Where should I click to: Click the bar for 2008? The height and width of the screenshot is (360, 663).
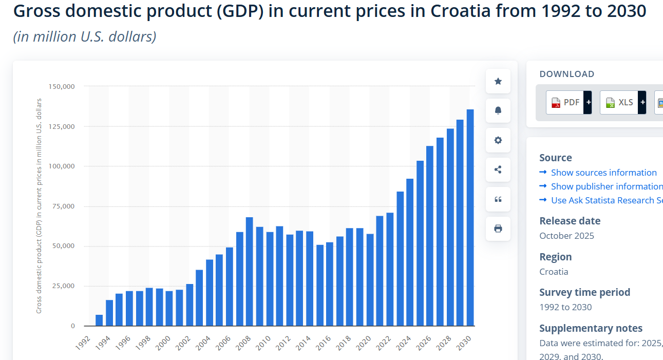pyautogui.click(x=249, y=272)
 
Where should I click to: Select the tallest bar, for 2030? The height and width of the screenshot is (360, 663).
pyautogui.click(x=470, y=218)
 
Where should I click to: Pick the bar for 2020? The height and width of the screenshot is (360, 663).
pyautogui.click(x=370, y=280)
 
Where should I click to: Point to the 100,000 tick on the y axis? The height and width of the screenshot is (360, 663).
pyautogui.click(x=62, y=166)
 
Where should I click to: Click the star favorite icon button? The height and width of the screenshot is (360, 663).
pyautogui.click(x=498, y=81)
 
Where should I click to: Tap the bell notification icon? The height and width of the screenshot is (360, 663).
pyautogui.click(x=498, y=110)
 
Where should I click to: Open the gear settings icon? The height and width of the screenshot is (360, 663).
pyautogui.click(x=498, y=140)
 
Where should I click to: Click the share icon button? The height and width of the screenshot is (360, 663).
pyautogui.click(x=498, y=169)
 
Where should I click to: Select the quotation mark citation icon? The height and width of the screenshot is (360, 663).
pyautogui.click(x=498, y=199)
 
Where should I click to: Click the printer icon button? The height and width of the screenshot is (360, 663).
pyautogui.click(x=498, y=229)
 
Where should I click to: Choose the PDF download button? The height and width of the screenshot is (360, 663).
pyautogui.click(x=565, y=102)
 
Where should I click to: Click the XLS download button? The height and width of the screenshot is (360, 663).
pyautogui.click(x=619, y=102)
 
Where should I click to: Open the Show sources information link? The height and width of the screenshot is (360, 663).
pyautogui.click(x=603, y=173)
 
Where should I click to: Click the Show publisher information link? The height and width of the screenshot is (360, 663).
pyautogui.click(x=607, y=186)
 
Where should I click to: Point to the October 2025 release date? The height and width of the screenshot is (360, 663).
pyautogui.click(x=566, y=236)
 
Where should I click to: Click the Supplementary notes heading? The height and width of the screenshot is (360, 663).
pyautogui.click(x=591, y=328)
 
